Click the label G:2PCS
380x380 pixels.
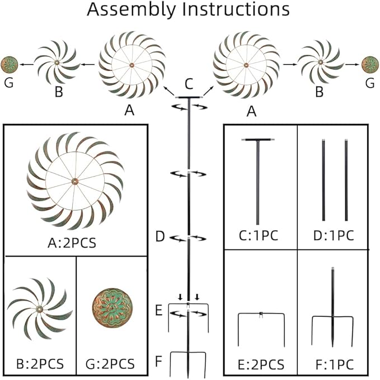tap(112, 364)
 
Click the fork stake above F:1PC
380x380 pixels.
tap(333, 319)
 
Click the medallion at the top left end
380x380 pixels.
tap(8, 65)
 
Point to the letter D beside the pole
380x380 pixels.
tap(160, 237)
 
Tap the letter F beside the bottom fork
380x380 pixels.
tap(159, 358)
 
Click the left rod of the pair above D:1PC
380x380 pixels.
tap(323, 180)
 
